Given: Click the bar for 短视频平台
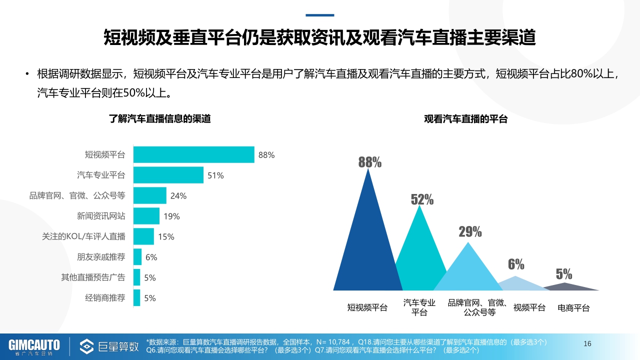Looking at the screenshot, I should click(194, 155).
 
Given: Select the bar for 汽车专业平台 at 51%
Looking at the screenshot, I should click(168, 175).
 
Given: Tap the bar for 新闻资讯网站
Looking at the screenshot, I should click(146, 216).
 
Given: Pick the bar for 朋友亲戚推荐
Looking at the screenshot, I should click(137, 257).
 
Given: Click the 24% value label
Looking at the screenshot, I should click(178, 196).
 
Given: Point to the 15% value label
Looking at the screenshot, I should click(166, 237).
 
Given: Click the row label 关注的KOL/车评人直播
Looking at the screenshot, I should click(83, 236).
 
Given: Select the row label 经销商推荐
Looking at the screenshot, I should click(105, 298).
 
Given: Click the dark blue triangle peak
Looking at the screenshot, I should click(368, 172).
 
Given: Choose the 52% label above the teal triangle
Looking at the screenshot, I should click(422, 199).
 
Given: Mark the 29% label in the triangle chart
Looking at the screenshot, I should click(470, 231).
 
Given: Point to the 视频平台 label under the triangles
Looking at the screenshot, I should click(529, 307).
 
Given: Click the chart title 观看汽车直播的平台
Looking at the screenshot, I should click(465, 119).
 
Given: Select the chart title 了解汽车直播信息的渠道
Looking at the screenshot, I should click(160, 119).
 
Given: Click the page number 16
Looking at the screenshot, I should click(587, 343).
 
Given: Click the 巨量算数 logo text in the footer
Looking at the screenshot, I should click(118, 346).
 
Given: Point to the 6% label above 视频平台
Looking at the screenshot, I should click(516, 264).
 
